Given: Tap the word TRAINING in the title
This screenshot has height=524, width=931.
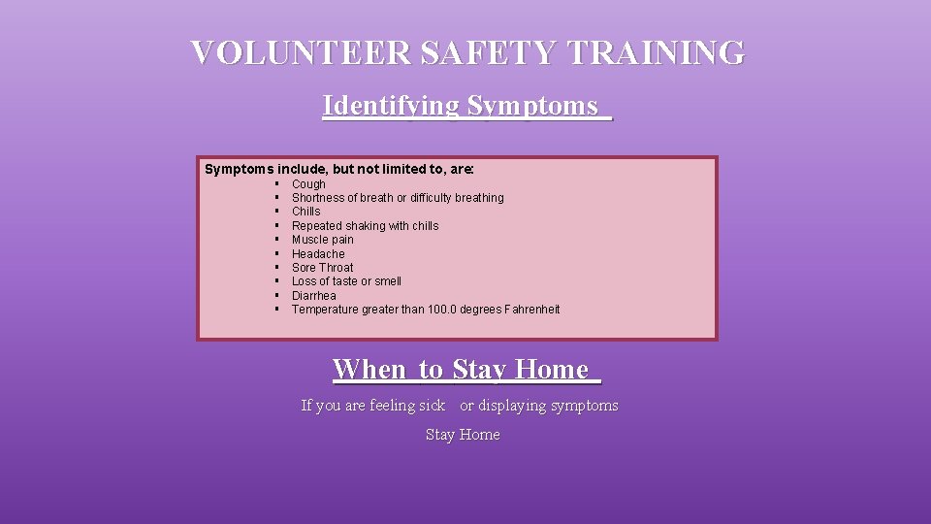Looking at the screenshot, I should click(x=657, y=52).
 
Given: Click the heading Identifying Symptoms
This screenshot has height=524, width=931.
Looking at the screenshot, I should click(x=466, y=105).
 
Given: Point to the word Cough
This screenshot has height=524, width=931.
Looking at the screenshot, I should click(x=308, y=183).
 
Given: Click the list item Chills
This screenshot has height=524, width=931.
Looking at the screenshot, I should click(x=305, y=212).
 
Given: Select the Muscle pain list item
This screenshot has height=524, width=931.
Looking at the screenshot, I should click(x=323, y=240).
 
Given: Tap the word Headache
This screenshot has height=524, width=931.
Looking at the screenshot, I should click(x=318, y=254).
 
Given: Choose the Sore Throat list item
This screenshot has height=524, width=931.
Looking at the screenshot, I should click(x=322, y=268).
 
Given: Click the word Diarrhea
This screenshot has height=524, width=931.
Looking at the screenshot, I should click(x=314, y=296).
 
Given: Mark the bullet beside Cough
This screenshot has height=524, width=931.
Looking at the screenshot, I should click(x=276, y=183).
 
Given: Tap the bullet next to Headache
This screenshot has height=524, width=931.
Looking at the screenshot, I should click(x=276, y=254).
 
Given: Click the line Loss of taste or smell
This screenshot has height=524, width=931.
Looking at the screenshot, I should click(x=346, y=281).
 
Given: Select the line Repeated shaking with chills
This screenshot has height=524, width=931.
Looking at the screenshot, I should click(x=365, y=226).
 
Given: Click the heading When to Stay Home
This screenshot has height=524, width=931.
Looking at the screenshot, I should click(x=466, y=370).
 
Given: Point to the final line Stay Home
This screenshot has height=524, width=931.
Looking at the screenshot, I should click(x=463, y=435).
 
